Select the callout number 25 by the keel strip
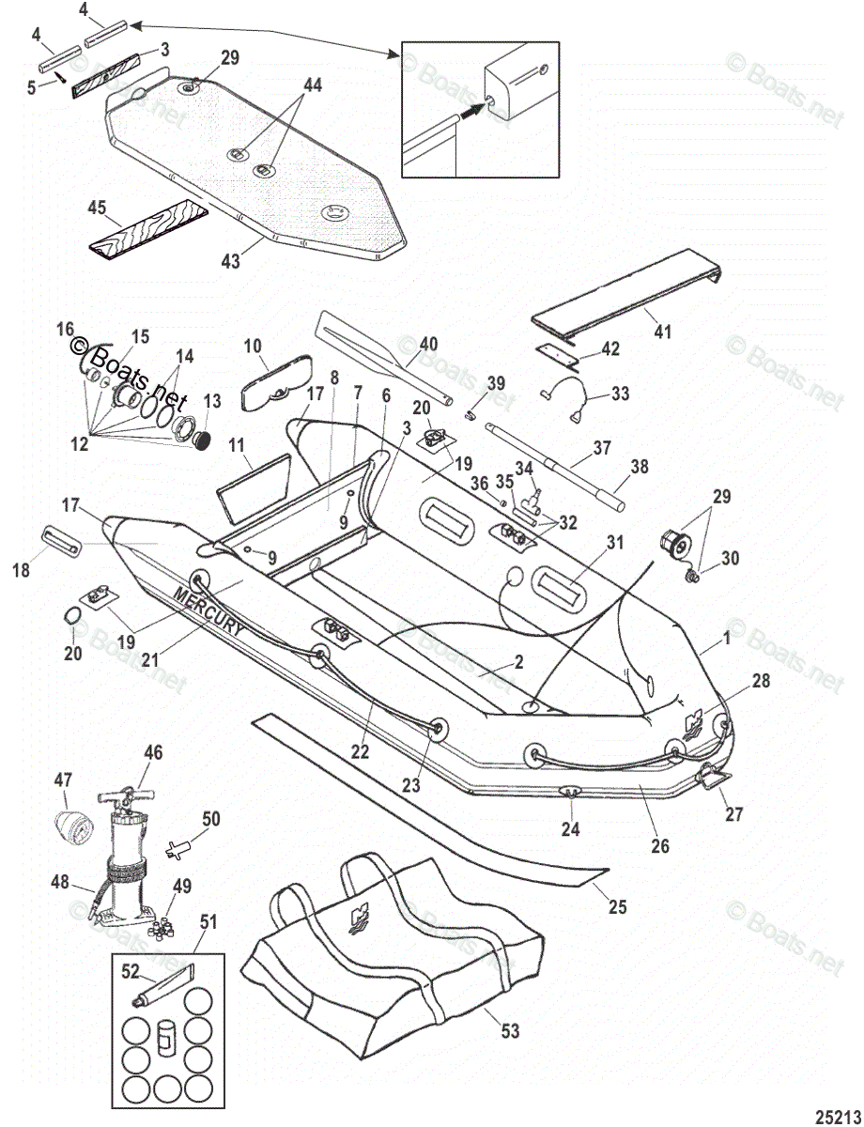click(617, 906)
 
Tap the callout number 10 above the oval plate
click(254, 347)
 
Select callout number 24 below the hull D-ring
click(571, 828)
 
